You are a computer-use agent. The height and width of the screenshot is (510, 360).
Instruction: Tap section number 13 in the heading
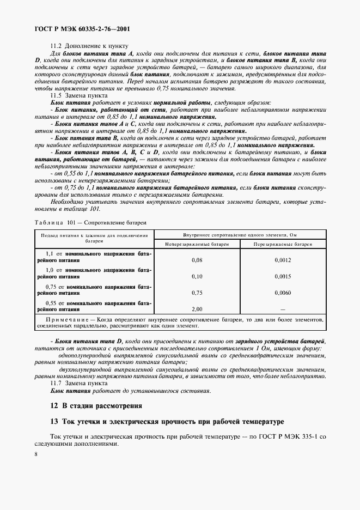53,422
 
